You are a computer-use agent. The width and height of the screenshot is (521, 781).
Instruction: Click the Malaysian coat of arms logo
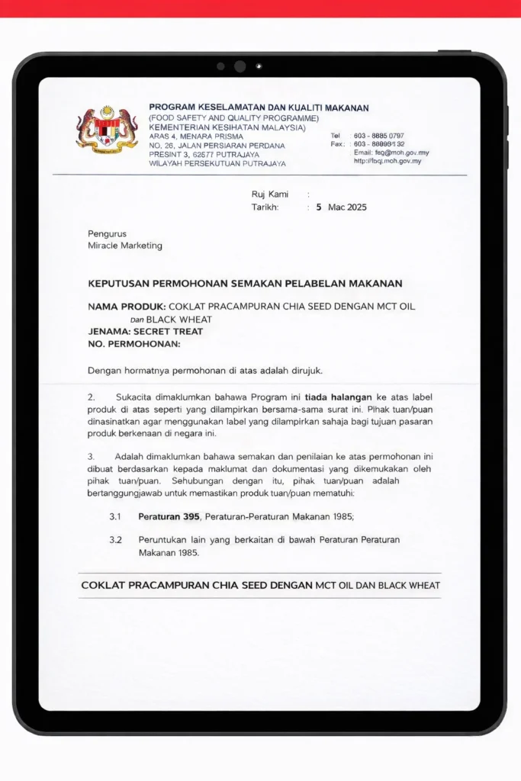(107, 130)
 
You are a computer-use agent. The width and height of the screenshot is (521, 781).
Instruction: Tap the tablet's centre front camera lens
(240, 66)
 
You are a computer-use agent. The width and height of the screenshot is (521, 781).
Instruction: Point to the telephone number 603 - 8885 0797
(378, 136)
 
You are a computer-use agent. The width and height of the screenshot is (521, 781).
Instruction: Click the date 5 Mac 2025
(341, 207)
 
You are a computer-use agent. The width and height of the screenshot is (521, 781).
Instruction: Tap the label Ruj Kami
(270, 194)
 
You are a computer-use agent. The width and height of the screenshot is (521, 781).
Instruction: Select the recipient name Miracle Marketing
(125, 246)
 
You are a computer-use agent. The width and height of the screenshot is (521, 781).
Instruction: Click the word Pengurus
(107, 233)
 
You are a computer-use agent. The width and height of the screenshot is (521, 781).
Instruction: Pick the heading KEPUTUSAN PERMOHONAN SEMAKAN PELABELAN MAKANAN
(245, 284)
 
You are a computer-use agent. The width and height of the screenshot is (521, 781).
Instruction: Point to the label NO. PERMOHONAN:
(134, 344)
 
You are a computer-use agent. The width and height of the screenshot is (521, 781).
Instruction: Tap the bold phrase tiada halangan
(338, 397)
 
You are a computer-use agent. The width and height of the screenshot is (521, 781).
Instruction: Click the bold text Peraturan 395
(169, 516)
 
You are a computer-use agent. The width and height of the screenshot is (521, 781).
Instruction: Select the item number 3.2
(115, 539)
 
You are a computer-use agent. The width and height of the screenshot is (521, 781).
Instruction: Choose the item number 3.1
(115, 516)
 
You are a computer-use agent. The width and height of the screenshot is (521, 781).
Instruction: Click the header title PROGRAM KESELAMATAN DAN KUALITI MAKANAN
(259, 108)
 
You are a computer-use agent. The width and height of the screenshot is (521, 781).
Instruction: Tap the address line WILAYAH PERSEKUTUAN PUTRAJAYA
(217, 164)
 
